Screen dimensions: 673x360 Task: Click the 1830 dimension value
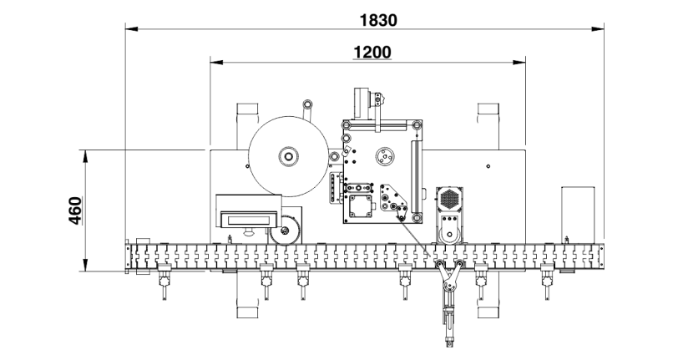378,20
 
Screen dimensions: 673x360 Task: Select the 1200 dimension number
372,52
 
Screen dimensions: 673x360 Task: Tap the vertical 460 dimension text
75,210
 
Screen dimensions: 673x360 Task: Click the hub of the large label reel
288,156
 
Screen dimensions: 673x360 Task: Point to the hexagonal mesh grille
450,199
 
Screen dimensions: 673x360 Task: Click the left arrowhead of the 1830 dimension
131,29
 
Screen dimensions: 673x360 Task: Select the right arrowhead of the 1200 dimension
519,63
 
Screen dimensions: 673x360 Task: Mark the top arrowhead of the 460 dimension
85,156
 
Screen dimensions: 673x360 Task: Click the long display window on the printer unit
249,221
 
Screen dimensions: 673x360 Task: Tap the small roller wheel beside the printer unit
285,231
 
